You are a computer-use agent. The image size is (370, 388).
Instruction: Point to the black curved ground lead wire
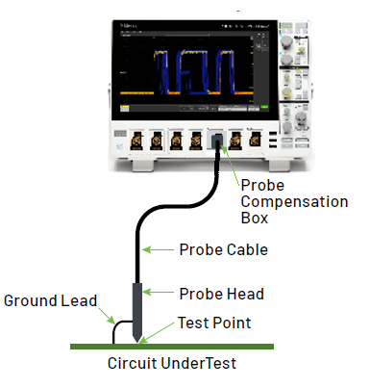pyautogui.click(x=120, y=330)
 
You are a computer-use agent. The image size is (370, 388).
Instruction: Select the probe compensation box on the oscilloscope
pyautogui.click(x=219, y=142)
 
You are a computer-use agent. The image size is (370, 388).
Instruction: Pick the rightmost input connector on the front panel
pyautogui.click(x=255, y=142)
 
